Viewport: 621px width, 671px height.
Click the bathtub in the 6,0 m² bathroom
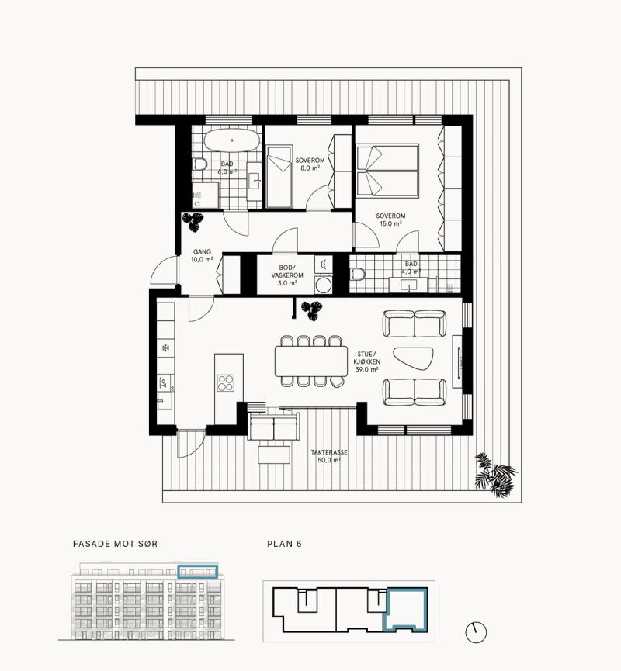[231, 140]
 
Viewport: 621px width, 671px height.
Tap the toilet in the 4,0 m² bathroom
[357, 274]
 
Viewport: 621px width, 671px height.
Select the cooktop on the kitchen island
[226, 382]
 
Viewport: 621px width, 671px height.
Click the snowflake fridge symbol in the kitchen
[165, 348]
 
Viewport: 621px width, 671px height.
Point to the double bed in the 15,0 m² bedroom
[387, 171]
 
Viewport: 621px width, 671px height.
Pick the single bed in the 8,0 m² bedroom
[279, 177]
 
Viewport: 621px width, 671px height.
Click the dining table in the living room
[311, 361]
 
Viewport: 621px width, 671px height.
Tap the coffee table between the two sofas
[413, 358]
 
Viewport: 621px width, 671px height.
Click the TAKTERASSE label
[329, 452]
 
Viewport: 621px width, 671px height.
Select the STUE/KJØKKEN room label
[367, 358]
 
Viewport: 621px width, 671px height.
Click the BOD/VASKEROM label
[287, 272]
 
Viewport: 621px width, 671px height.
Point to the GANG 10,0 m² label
[202, 255]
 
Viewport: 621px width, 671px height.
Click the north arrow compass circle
[476, 632]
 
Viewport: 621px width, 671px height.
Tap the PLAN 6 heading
[284, 544]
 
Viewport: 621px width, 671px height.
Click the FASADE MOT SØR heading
[115, 544]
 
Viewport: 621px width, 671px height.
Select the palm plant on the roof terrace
[495, 475]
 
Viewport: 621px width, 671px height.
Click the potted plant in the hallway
[193, 222]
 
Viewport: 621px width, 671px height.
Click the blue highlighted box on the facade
[198, 572]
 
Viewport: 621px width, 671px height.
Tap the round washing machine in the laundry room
[323, 285]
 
